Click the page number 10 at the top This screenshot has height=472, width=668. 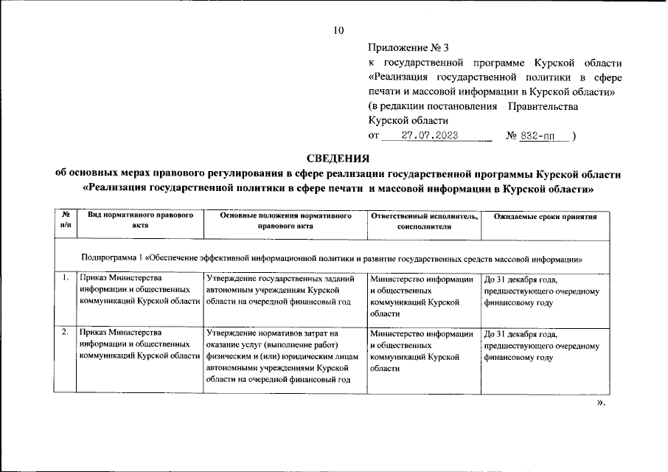pos(338,30)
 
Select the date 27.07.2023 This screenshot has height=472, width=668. pos(430,136)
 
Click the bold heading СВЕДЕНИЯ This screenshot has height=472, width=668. pos(338,158)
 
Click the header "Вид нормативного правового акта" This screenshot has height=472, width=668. pos(140,221)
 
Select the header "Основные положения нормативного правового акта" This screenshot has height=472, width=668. pos(285,221)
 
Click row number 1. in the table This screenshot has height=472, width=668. pos(66,279)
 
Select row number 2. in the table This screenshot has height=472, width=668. pos(66,333)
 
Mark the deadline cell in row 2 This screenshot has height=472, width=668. pos(542,345)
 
